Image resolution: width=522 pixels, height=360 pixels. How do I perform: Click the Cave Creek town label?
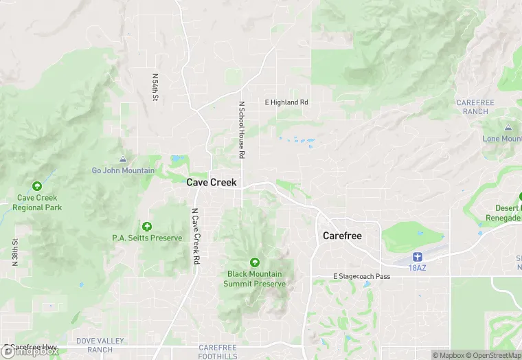(212, 183)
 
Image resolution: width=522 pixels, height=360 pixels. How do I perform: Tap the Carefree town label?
(342, 236)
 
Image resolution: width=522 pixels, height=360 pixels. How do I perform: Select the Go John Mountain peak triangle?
(123, 159)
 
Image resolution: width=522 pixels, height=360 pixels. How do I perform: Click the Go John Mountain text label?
(124, 170)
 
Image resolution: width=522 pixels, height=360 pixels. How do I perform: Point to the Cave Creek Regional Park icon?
(37, 186)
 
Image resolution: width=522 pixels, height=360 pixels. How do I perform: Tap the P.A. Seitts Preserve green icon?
(146, 226)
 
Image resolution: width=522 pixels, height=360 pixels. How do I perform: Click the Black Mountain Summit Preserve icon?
(255, 262)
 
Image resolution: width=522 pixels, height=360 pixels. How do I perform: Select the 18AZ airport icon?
(417, 256)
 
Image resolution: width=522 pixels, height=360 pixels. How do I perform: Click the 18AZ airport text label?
(417, 267)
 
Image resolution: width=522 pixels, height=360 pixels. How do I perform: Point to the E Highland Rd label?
(287, 102)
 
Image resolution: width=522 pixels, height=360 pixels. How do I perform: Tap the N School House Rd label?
(242, 131)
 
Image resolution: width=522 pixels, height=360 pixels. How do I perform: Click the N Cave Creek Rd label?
(196, 236)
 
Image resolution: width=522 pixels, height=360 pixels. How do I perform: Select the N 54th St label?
(155, 88)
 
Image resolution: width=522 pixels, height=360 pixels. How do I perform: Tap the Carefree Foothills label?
(218, 352)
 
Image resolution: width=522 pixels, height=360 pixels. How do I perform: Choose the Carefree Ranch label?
(475, 106)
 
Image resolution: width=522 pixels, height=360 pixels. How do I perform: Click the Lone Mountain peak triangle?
(508, 128)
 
